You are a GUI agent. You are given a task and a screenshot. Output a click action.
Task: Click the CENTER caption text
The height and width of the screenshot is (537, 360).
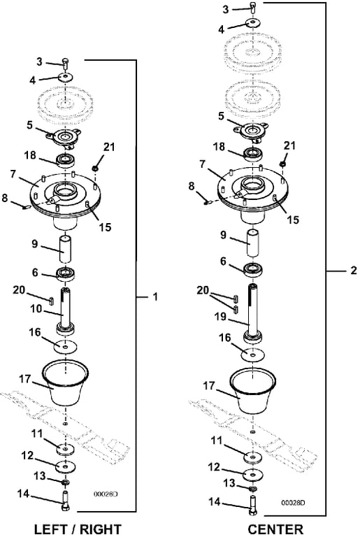click(x=275, y=529)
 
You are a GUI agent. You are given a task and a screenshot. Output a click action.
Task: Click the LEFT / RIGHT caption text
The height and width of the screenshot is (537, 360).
click(x=78, y=529)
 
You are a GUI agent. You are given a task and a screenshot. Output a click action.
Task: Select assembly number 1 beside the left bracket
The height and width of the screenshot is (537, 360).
click(x=155, y=296)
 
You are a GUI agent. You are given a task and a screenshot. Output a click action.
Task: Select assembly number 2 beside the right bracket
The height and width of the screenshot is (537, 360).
click(x=354, y=271)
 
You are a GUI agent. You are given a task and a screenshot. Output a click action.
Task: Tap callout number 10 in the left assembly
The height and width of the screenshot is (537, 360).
click(x=36, y=308)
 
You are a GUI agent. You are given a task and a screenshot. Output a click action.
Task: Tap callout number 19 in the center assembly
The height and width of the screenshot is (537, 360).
click(x=220, y=317)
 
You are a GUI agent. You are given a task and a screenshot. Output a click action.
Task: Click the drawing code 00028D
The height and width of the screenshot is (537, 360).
click(x=293, y=503)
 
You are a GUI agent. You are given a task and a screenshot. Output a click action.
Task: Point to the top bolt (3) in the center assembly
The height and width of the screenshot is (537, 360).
click(x=252, y=7)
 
